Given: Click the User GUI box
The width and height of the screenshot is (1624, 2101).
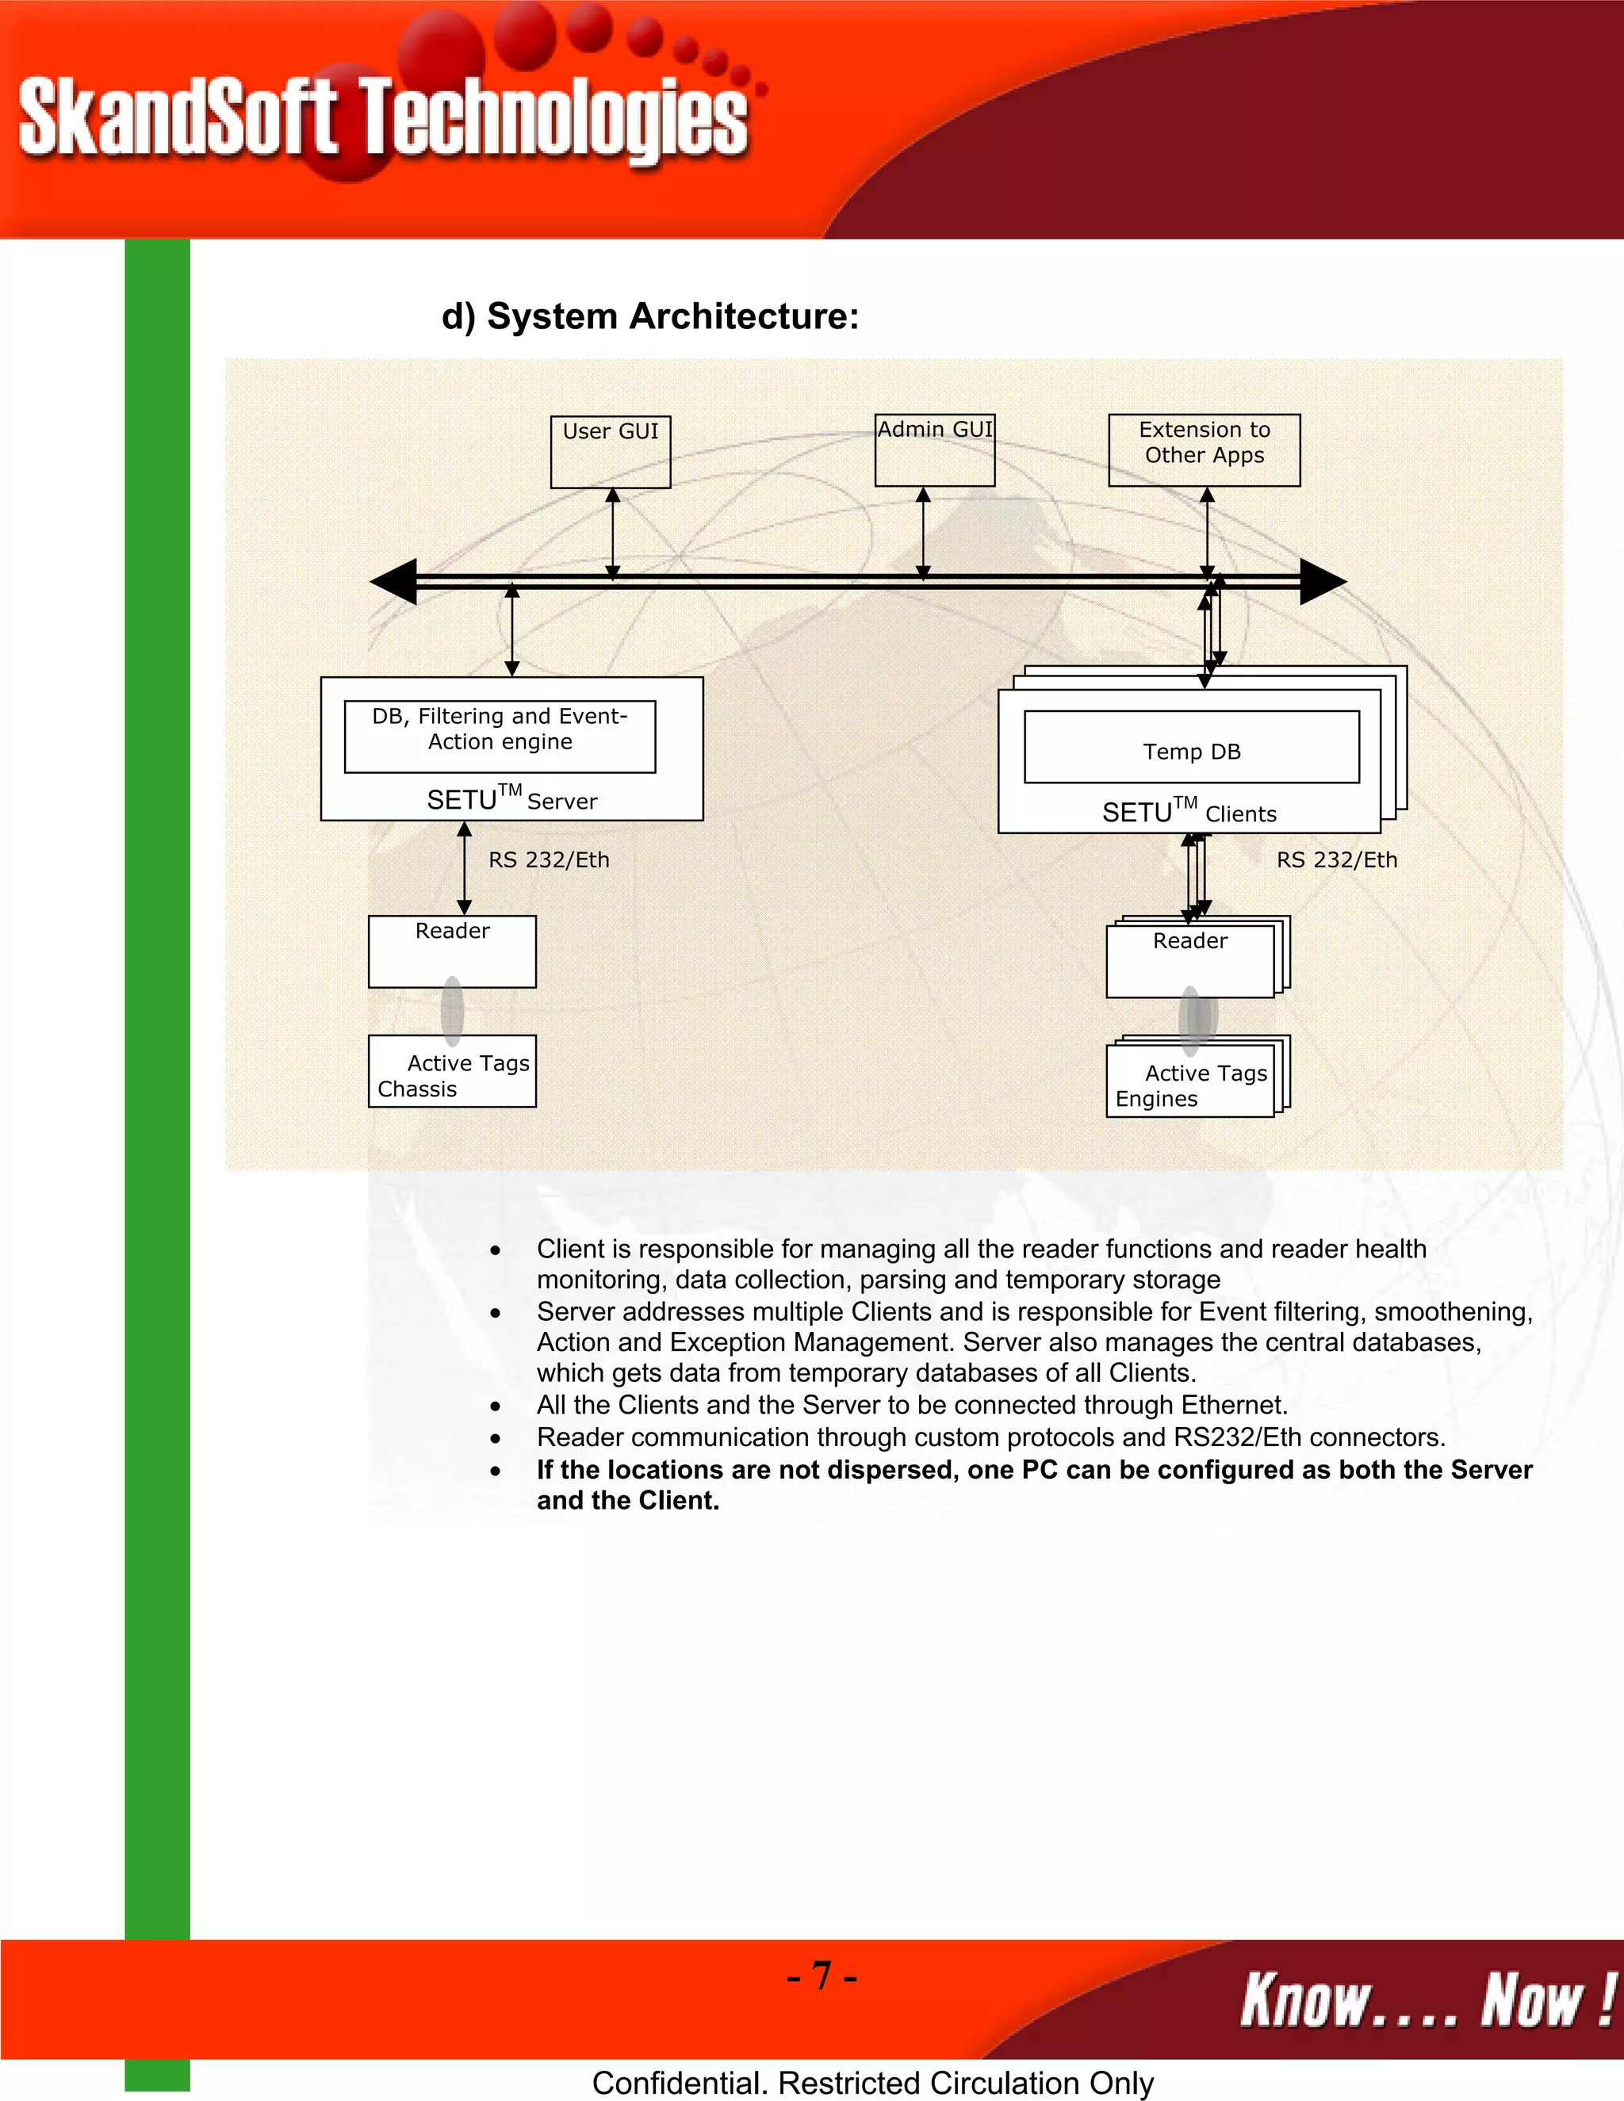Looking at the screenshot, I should pyautogui.click(x=610, y=451).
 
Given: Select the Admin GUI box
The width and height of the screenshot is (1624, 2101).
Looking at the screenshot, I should pyautogui.click(x=934, y=450).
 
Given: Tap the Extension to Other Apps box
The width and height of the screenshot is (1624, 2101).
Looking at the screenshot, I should pyautogui.click(x=1204, y=450).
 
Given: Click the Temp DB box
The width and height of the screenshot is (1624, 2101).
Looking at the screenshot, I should pyautogui.click(x=1191, y=748).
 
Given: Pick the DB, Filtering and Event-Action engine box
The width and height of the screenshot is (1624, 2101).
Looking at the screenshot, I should pyautogui.click(x=500, y=736).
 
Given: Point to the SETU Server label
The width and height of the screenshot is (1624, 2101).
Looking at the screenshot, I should pyautogui.click(x=511, y=799).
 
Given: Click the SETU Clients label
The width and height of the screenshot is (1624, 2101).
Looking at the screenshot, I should pyautogui.click(x=1189, y=812).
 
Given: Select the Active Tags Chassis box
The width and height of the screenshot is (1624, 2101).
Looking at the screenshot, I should pyautogui.click(x=451, y=1070).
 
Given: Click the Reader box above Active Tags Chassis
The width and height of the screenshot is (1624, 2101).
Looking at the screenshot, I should pyautogui.click(x=451, y=951).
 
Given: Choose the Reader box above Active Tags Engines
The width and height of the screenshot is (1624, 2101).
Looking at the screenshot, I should pyautogui.click(x=1190, y=960).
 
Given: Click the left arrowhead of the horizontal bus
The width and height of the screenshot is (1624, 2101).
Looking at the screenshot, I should pyautogui.click(x=394, y=581).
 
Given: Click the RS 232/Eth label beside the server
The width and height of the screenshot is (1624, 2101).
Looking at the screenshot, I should pyautogui.click(x=549, y=860).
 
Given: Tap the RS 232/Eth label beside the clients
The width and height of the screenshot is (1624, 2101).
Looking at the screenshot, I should pyautogui.click(x=1336, y=860).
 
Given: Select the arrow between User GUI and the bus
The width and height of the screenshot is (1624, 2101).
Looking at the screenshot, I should pyautogui.click(x=613, y=533).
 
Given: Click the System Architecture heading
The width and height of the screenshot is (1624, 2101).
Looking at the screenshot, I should pyautogui.click(x=649, y=316).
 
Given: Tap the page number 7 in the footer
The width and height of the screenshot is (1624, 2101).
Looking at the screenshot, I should pyautogui.click(x=822, y=1975).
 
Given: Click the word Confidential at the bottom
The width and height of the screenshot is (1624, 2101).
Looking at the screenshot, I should pyautogui.click(x=680, y=2083).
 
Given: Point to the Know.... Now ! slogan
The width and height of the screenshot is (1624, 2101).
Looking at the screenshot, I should pyautogui.click(x=1427, y=1999).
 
